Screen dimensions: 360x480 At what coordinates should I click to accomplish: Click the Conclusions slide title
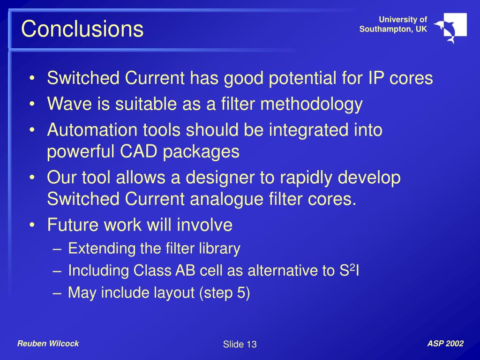click(x=82, y=29)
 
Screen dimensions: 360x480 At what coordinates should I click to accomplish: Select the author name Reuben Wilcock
click(x=48, y=344)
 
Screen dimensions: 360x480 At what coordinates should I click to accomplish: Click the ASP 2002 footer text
click(x=445, y=344)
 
